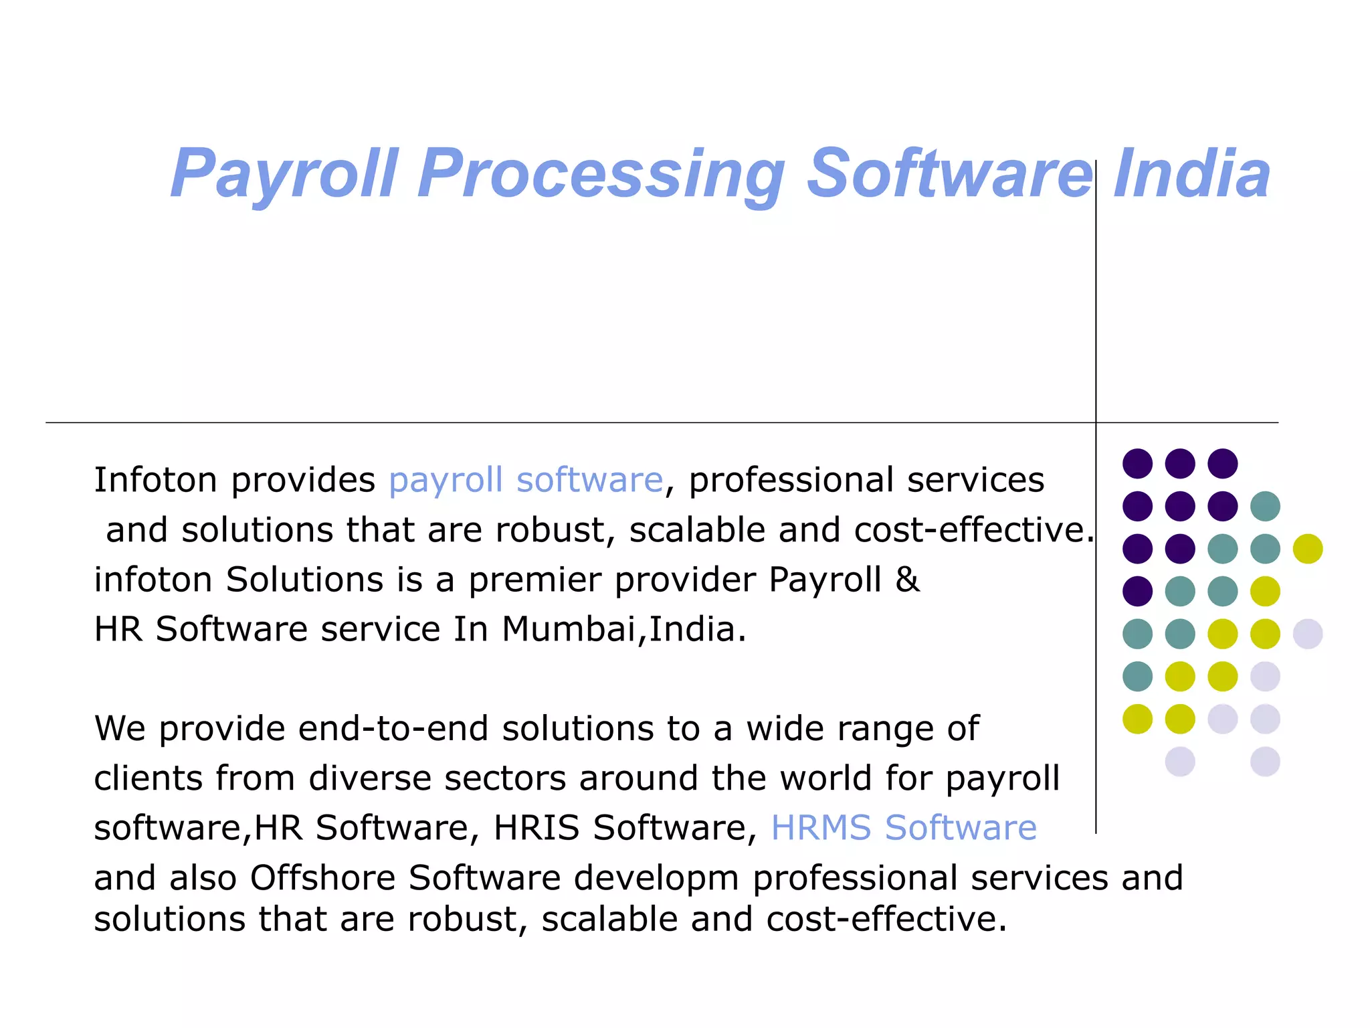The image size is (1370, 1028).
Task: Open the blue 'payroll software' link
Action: pyautogui.click(x=526, y=481)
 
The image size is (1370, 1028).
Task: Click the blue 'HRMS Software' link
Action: pyautogui.click(x=904, y=828)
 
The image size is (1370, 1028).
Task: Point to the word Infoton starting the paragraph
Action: pyautogui.click(x=156, y=481)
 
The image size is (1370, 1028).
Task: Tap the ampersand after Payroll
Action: pyautogui.click(x=907, y=580)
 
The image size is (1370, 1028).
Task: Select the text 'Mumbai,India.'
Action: pyautogui.click(x=623, y=630)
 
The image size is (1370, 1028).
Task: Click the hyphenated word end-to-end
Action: pyautogui.click(x=393, y=729)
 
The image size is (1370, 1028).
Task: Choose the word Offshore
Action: pyautogui.click(x=322, y=877)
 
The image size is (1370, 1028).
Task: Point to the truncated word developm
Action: pyautogui.click(x=656, y=877)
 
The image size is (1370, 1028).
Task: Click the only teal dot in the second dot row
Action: pyautogui.click(x=1265, y=506)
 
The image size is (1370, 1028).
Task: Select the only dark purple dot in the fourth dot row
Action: pyautogui.click(x=1137, y=591)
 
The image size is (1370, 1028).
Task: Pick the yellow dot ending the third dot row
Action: pyautogui.click(x=1308, y=549)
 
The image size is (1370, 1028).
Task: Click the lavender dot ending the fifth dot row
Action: pyautogui.click(x=1308, y=634)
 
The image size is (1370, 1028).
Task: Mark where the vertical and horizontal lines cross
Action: pyautogui.click(x=1096, y=422)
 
